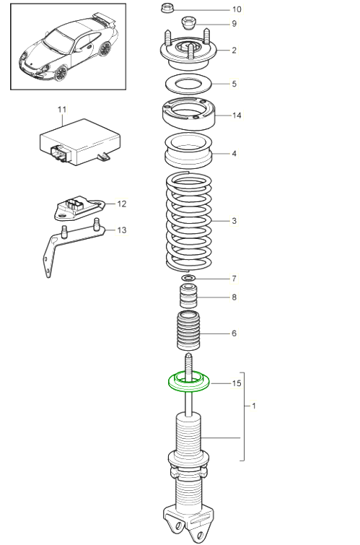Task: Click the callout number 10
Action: [237, 9]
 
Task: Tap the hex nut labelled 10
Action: [167, 8]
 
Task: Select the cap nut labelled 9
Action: [189, 23]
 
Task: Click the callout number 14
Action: [237, 115]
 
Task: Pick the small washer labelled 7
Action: [189, 278]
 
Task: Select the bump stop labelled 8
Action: [188, 296]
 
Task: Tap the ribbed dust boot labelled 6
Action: [189, 331]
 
